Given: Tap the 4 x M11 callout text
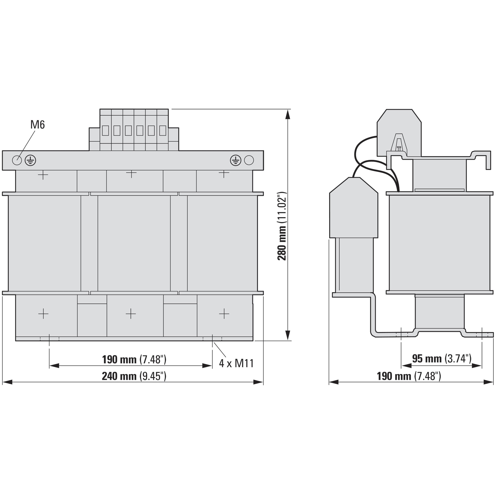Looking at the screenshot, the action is (236, 363).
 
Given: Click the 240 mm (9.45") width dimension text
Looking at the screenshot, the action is (134, 376).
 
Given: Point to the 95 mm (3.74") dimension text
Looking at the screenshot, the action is (442, 358).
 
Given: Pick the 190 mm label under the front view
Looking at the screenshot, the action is (134, 359).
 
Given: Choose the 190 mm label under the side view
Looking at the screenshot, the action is (409, 376).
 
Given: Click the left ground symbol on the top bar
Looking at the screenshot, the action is (30, 160).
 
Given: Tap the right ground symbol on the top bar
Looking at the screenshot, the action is (236, 160).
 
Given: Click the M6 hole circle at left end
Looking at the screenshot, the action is (17, 160).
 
